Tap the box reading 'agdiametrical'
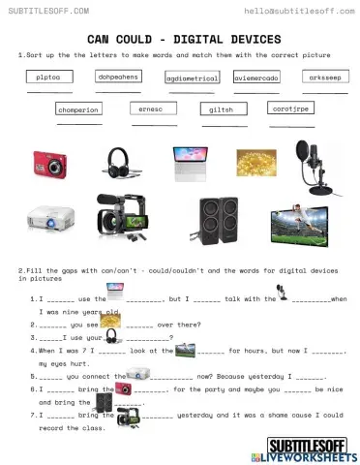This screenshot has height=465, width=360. tap(191, 77)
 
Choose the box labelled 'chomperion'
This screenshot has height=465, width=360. tap(78, 109)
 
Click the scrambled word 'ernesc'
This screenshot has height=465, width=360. tap(150, 108)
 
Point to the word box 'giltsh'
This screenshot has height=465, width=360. tap(221, 109)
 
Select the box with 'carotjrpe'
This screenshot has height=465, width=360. tap(287, 108)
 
